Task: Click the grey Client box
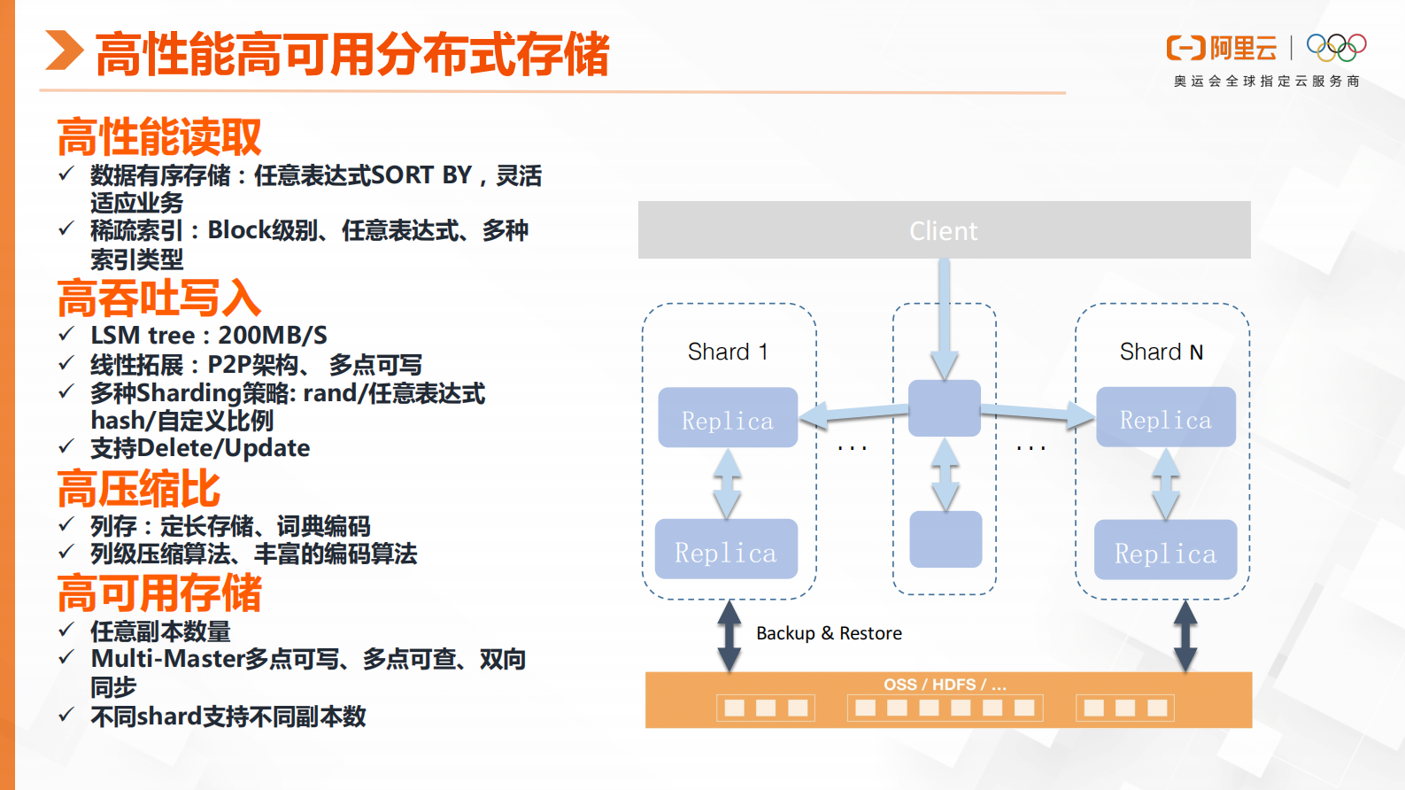944,230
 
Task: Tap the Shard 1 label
727,352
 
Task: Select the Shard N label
1161,352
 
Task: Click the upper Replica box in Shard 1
728,418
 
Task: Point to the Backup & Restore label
829,633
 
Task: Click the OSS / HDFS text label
945,685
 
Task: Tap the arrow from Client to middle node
945,319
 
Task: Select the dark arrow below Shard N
1185,636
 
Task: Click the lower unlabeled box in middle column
946,538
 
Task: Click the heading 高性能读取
159,137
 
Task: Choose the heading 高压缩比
139,489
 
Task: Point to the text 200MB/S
273,336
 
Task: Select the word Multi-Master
167,659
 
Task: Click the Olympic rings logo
1336,47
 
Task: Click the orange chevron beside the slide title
64,50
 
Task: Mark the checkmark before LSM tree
66,334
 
